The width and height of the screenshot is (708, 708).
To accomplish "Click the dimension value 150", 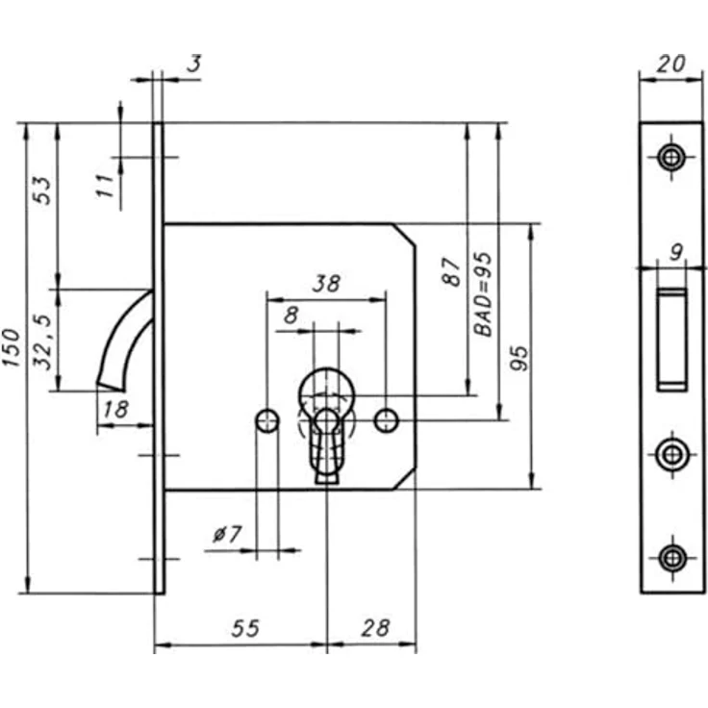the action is tap(12, 347).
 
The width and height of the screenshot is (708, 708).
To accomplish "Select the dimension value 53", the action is tap(42, 190).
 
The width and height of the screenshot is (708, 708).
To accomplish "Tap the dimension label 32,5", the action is tap(44, 341).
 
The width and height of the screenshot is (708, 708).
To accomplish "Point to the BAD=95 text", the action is tap(482, 294).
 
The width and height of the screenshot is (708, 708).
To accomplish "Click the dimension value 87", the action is tap(451, 272).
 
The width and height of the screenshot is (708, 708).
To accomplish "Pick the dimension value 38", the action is tap(326, 284).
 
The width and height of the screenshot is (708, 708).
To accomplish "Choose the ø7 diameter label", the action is tap(227, 535).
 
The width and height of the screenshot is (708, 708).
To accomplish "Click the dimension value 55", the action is tap(245, 628).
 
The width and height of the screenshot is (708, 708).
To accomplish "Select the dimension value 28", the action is tap(375, 628).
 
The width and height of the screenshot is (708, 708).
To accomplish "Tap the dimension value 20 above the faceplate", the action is tap(671, 63).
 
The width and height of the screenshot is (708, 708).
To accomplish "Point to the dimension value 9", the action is tap(676, 252).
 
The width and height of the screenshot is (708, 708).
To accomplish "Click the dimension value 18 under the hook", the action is tap(116, 409).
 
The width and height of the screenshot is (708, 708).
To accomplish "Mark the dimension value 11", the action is tap(105, 185).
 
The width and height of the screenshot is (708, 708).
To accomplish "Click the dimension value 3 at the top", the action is tap(194, 63).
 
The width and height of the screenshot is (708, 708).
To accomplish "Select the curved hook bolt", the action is tap(126, 341).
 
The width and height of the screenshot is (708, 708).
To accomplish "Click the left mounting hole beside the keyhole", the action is tap(267, 420).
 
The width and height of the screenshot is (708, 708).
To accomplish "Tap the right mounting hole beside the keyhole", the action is tap(386, 420).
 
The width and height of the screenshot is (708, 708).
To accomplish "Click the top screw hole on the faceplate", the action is tap(671, 158).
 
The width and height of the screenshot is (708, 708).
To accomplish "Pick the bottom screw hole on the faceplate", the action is tap(672, 558).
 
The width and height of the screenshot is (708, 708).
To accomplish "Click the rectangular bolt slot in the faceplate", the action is tap(672, 340).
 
